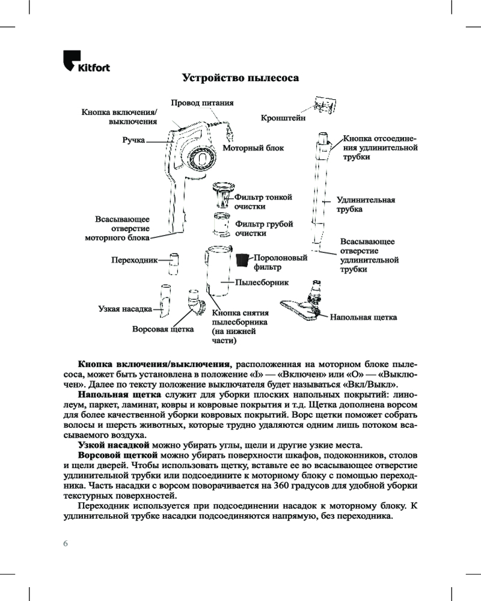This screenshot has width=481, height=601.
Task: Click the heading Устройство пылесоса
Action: [x=240, y=78]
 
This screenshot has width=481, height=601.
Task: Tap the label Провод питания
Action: [x=202, y=103]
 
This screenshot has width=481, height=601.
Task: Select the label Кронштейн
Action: [x=283, y=119]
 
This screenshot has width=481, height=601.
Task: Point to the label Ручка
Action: [x=133, y=139]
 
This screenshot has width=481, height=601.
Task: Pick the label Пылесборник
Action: [x=262, y=281]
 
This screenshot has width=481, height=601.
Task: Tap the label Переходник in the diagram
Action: [x=134, y=260]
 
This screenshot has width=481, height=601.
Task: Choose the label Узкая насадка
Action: [x=125, y=309]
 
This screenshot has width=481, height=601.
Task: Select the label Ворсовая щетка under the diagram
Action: [x=162, y=329]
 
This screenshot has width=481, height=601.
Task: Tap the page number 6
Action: [x=66, y=543]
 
